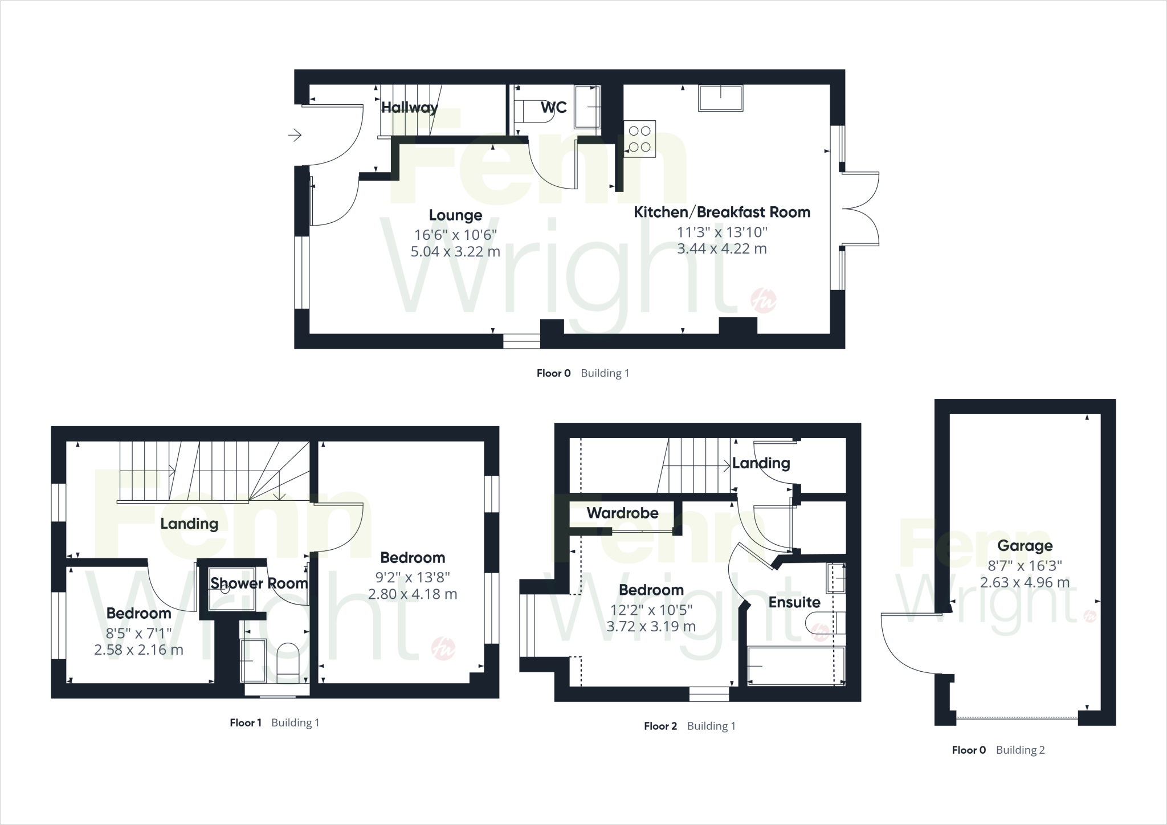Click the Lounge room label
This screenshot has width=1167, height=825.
tap(455, 215)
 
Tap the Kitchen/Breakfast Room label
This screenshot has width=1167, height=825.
tap(722, 213)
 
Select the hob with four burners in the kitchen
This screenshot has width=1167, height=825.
tap(639, 139)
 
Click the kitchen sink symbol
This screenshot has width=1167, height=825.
tap(721, 98)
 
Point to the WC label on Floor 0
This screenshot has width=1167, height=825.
tap(553, 108)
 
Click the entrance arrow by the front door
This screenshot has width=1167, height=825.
tap(294, 135)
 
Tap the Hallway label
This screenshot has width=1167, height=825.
tap(409, 107)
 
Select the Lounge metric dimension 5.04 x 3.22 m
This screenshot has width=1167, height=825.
tap(455, 251)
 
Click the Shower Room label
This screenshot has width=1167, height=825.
tap(259, 583)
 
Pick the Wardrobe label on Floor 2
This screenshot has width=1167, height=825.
tap(622, 513)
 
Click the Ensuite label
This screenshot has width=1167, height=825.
tap(794, 602)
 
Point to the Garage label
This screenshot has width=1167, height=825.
tap(1025, 546)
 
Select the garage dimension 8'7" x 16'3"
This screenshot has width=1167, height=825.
tap(1025, 566)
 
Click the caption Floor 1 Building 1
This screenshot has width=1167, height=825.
tap(274, 723)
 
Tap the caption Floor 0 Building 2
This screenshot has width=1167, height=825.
tap(998, 750)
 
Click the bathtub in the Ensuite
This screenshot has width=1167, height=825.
tap(795, 666)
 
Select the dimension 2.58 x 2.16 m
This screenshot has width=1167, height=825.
tap(138, 650)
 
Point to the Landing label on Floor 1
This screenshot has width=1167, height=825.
tap(189, 524)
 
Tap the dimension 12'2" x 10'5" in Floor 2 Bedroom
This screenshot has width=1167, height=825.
tap(651, 610)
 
